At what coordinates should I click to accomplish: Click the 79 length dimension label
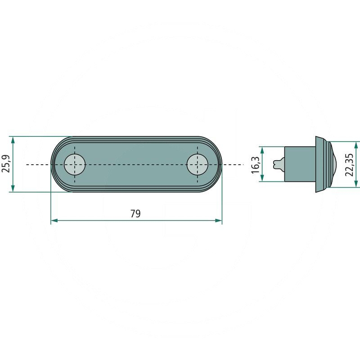(135, 213)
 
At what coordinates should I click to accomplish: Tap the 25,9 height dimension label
(6, 164)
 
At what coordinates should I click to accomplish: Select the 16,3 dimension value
(255, 165)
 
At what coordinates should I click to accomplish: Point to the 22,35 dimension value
(349, 164)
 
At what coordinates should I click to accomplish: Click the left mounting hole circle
(75, 164)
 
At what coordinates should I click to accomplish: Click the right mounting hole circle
(198, 164)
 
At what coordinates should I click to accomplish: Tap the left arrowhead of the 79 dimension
(54, 220)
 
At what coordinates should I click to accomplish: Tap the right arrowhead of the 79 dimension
(219, 220)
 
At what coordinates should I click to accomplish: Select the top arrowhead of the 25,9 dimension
(13, 140)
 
